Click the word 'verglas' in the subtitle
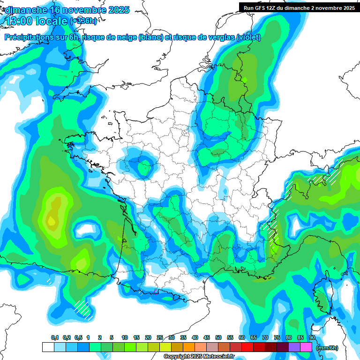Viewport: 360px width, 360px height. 216,37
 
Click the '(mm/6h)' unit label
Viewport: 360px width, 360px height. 327,348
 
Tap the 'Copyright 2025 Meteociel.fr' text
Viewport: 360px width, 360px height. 199,357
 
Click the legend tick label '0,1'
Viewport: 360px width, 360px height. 55,337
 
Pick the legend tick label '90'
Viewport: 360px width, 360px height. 312,337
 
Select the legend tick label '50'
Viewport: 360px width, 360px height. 218,337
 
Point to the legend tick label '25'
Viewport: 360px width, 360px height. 160,337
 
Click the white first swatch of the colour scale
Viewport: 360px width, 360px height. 48,347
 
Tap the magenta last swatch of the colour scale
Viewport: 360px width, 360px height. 306,347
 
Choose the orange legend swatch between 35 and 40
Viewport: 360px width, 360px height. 189,347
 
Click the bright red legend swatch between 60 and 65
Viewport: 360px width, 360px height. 247,347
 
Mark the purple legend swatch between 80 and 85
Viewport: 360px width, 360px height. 294,347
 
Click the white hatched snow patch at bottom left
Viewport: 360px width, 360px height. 82,308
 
